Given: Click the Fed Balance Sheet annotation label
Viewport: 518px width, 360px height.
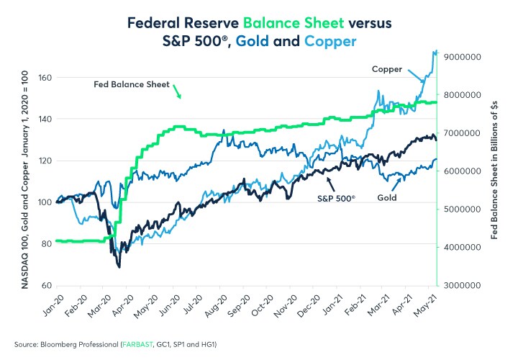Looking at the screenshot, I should [132, 84].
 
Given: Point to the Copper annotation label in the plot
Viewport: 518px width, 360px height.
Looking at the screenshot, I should [386, 68].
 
